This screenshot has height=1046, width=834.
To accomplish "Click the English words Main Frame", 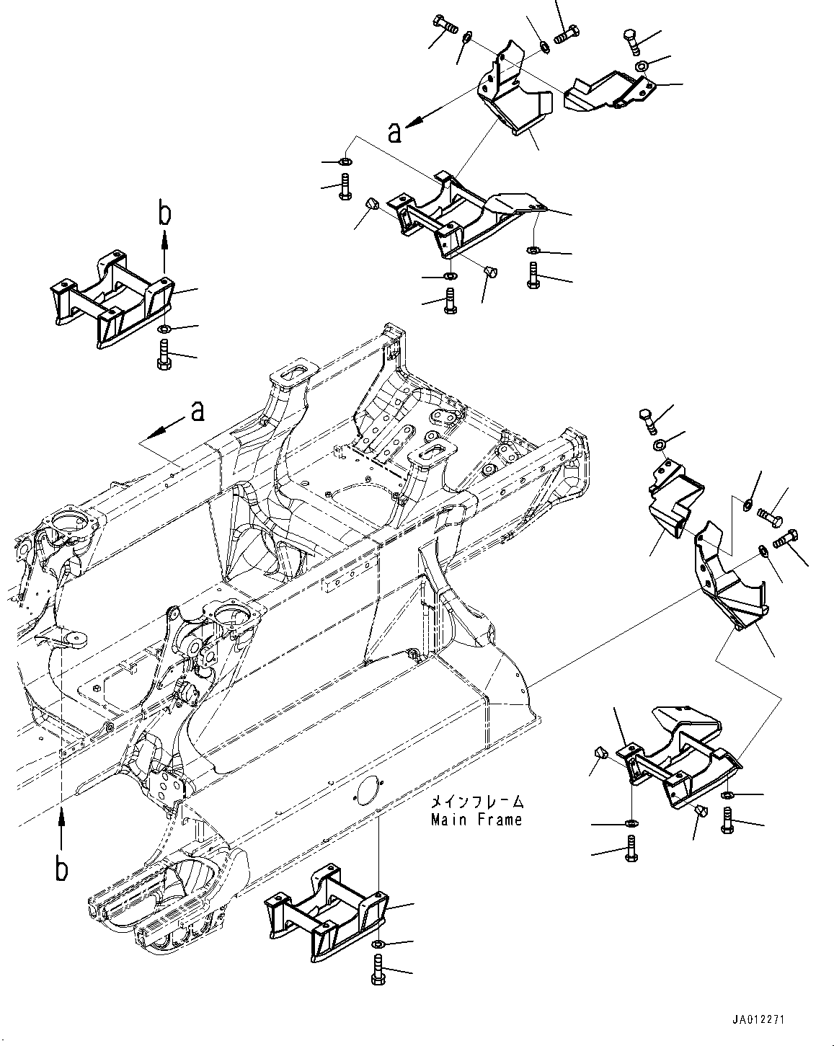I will [x=476, y=820].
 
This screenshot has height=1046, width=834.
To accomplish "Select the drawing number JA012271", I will [x=756, y=1019].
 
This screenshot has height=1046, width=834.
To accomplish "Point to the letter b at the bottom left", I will [x=63, y=869].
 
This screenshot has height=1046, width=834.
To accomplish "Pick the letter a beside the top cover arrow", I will [x=394, y=133].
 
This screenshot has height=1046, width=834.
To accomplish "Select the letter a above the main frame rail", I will [x=197, y=411].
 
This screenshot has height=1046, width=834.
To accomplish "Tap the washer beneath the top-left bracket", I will [x=163, y=330].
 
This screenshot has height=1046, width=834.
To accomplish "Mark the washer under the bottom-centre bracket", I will [x=378, y=944].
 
